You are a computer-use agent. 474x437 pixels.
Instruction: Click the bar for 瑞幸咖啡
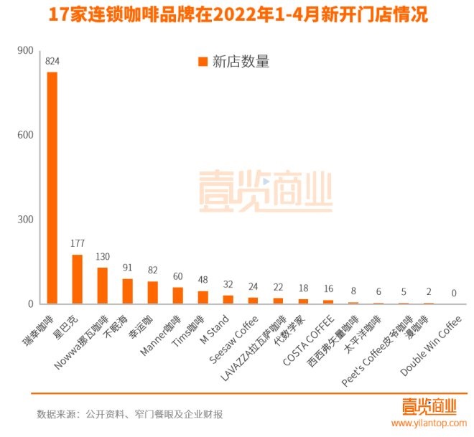pyautogui.click(x=52, y=187)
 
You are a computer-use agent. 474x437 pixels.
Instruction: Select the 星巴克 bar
pyautogui.click(x=78, y=279)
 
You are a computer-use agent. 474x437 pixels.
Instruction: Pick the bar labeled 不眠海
pyautogui.click(x=128, y=291)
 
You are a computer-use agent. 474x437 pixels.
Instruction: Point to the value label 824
pyautogui.click(x=52, y=62)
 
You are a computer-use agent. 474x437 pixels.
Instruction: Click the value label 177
pyautogui.click(x=78, y=244)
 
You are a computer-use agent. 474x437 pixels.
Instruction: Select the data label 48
pyautogui.click(x=203, y=281)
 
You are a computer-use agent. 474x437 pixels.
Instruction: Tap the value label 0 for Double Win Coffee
pyautogui.click(x=454, y=293)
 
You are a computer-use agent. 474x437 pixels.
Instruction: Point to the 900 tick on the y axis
pyautogui.click(x=25, y=50)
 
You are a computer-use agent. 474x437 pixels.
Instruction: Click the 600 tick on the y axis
pyautogui.click(x=25, y=135)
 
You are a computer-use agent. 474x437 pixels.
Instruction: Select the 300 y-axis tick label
pyautogui.click(x=25, y=220)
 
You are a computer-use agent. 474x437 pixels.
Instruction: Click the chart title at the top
pyautogui.click(x=237, y=14)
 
